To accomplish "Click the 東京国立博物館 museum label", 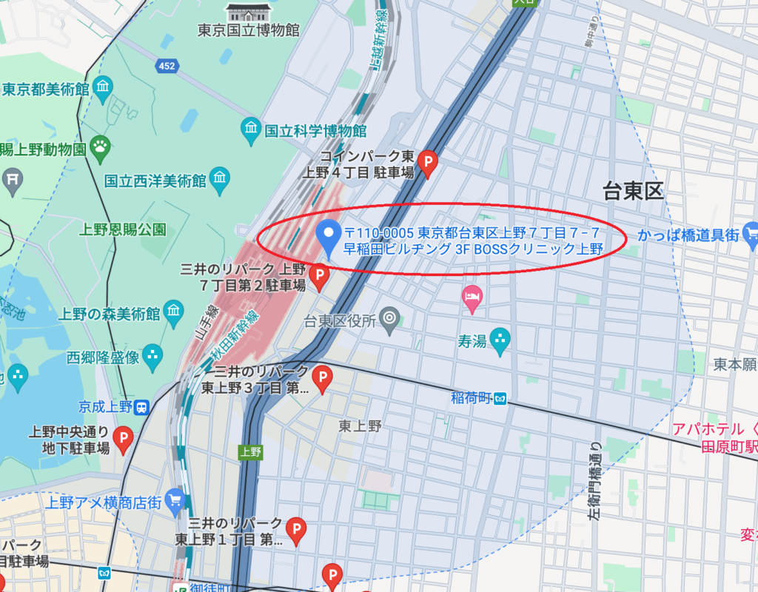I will [x=248, y=30].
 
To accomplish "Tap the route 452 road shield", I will [x=167, y=67].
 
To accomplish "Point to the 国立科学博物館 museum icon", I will [x=252, y=131].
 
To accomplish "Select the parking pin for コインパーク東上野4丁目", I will [x=429, y=162].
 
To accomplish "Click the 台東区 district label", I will [x=633, y=192].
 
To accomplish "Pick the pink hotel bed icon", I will [x=472, y=297].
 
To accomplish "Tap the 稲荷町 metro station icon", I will [x=500, y=399].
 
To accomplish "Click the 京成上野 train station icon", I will [x=141, y=406].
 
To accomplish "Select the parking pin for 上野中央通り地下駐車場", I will [x=123, y=437].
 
